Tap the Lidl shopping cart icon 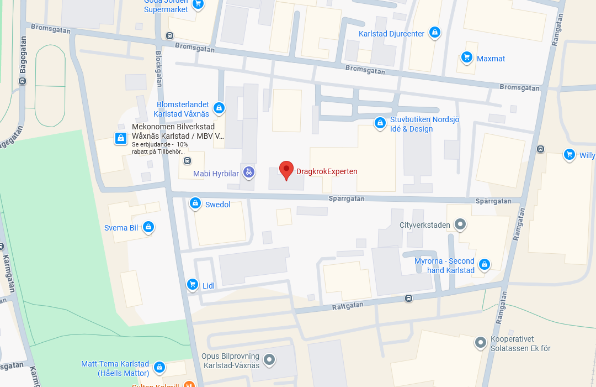point(192,284)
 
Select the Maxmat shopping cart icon point(467,57)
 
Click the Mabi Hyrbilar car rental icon point(249,172)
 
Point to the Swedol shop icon point(195,203)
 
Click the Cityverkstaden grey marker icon point(460,224)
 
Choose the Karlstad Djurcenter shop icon point(435,33)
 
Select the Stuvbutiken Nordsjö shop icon point(380,123)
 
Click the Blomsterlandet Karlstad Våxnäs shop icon point(219,108)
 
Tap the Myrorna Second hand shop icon point(484,265)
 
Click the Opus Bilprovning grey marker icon point(269,360)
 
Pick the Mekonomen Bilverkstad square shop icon point(120,138)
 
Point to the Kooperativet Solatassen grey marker point(481,343)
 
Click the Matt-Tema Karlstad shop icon point(159,367)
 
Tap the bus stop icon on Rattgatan point(408,298)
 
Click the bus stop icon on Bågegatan point(23,81)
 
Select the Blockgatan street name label point(159,69)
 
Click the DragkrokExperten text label point(327,171)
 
